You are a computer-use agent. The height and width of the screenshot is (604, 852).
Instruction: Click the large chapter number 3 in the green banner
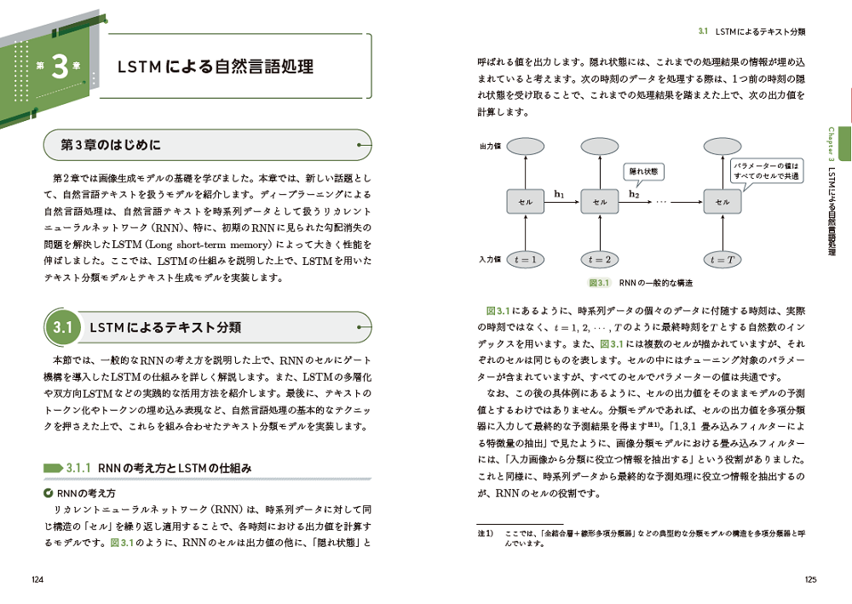[x=59, y=68]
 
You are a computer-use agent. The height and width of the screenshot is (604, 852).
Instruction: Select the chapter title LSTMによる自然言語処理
[x=215, y=67]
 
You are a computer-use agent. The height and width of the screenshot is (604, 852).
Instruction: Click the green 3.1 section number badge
[x=63, y=327]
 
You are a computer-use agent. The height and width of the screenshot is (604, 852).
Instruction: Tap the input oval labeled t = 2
[x=601, y=259]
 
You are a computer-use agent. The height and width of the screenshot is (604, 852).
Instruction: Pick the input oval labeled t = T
[x=722, y=259]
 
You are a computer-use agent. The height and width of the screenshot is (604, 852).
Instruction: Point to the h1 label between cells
[x=560, y=194]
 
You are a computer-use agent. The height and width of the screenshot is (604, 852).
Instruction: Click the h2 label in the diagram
[x=634, y=194]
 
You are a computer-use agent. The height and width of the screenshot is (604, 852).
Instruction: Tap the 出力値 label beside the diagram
[x=490, y=147]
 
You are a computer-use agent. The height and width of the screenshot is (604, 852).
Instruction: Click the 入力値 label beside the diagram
[x=490, y=259]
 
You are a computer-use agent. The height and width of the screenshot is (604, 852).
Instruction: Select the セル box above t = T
[x=722, y=202]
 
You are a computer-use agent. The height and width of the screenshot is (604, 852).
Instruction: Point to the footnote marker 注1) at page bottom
[x=485, y=532]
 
